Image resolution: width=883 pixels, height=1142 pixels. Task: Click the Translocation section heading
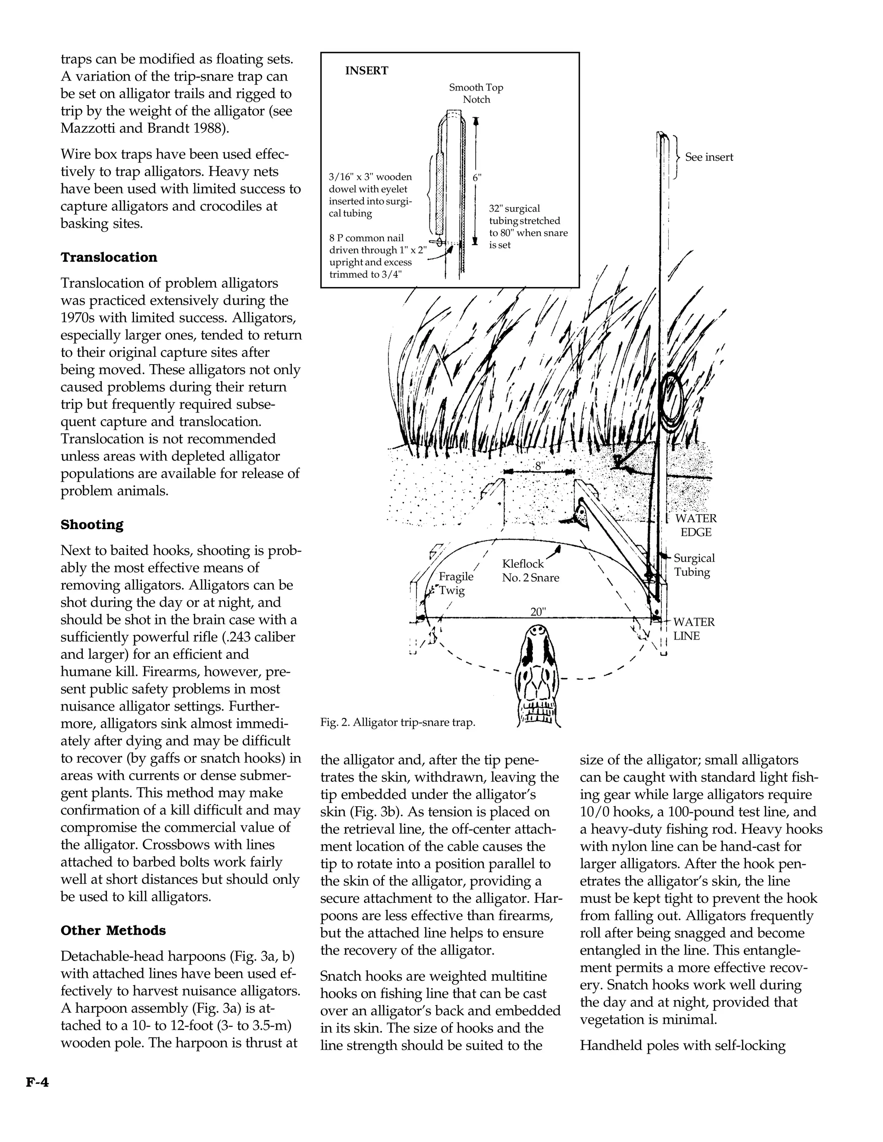point(109,257)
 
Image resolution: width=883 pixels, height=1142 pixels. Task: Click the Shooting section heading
point(92,524)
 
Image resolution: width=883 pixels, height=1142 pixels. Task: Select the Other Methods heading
point(113,930)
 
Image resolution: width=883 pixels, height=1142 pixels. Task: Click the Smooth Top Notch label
point(476,94)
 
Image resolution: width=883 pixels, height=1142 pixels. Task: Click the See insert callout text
point(708,157)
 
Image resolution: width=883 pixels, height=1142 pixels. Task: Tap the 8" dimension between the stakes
point(539,466)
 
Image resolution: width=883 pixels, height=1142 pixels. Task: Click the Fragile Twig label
point(455,583)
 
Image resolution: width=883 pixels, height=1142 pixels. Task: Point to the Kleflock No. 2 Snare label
point(530,571)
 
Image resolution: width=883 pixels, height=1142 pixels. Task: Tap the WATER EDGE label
point(695,525)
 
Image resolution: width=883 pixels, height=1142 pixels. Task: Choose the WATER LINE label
point(693,629)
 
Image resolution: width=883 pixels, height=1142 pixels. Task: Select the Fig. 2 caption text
point(398,723)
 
